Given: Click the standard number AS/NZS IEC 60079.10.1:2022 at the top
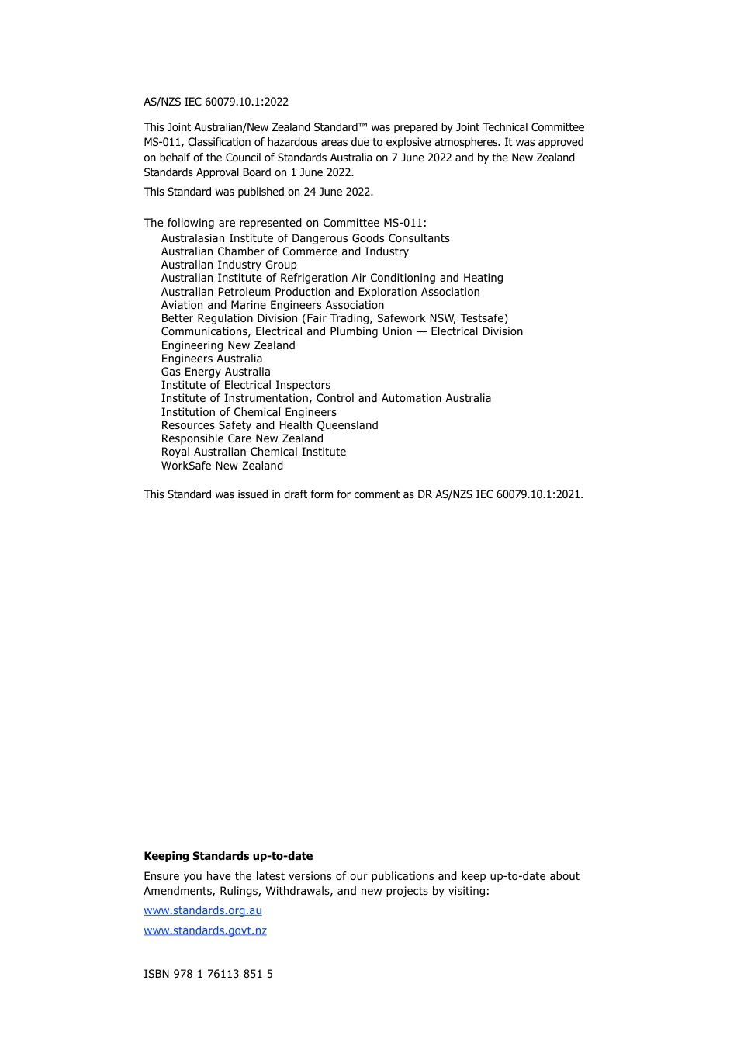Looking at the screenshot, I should tap(216, 102).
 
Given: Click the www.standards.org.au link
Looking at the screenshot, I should tap(202, 910).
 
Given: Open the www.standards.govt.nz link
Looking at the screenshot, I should tap(205, 930).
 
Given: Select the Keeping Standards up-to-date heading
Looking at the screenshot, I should tap(228, 856).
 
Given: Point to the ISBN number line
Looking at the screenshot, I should tap(208, 974).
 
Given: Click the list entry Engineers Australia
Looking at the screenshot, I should tap(212, 359).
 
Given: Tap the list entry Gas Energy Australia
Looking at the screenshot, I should tap(216, 372).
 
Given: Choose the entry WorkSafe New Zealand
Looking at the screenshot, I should tap(222, 466).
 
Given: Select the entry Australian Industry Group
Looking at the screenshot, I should tap(229, 265).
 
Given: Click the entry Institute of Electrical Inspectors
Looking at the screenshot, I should tap(246, 385).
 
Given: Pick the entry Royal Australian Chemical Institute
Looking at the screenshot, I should tap(254, 452).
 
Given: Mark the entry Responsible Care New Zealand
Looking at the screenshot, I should tap(242, 438).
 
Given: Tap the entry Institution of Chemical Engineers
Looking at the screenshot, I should tap(249, 412).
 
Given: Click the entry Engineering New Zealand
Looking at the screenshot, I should tap(228, 345).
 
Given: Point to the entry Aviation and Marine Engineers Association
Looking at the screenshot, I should tap(272, 305).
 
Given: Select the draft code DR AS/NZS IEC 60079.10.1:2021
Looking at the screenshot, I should tap(500, 494).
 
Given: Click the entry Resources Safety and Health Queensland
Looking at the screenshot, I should tap(270, 425).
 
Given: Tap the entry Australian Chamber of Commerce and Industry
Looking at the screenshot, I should tap(285, 251).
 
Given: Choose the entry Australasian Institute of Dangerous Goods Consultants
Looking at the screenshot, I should tap(306, 238).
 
